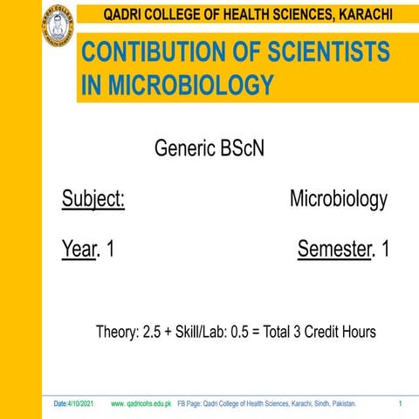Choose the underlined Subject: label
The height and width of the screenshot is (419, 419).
coord(93,199)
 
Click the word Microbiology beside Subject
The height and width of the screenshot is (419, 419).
coord(338,199)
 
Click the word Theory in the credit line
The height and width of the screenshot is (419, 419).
coord(115,333)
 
